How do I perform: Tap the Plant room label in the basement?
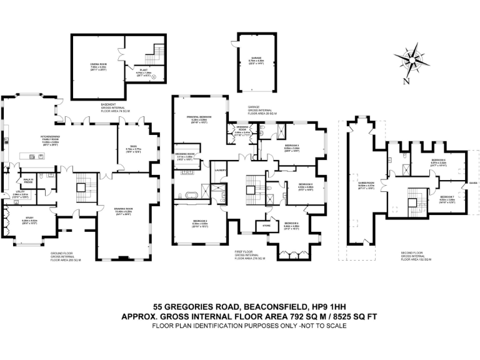tap(144, 71)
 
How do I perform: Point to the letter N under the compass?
tap(406, 81)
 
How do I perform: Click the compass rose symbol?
tap(412, 60)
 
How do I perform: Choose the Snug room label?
tap(131, 147)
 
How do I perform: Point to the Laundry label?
tap(219, 169)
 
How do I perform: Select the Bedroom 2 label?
tap(200, 221)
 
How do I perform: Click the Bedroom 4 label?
tap(292, 223)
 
